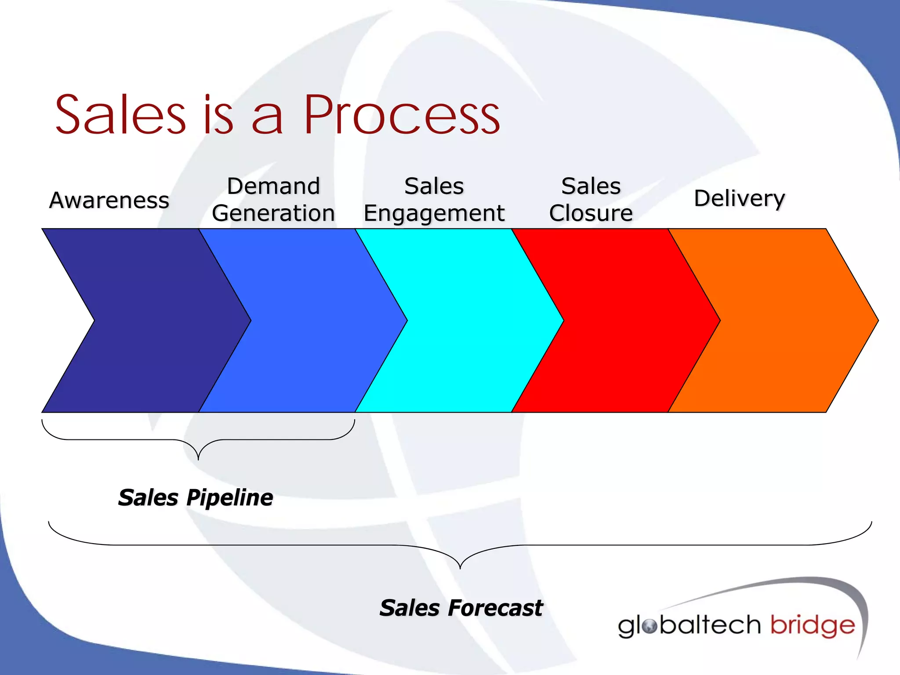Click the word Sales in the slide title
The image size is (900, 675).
tap(121, 115)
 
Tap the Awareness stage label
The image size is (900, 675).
tap(109, 200)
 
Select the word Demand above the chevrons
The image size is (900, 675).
tap(273, 186)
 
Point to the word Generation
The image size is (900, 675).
tap(273, 214)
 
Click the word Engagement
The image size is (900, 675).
tap(434, 214)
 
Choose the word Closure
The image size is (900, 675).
tap(591, 214)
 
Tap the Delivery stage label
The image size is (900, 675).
tap(739, 199)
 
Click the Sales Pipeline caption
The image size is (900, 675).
tap(196, 498)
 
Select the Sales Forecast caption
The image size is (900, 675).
tap(461, 608)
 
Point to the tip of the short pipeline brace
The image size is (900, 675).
tap(198, 459)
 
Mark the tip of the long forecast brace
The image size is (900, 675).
tap(460, 568)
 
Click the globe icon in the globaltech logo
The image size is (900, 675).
tap(649, 626)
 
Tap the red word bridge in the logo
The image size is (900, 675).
tap(813, 626)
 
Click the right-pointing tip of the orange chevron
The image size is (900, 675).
tap(877, 320)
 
